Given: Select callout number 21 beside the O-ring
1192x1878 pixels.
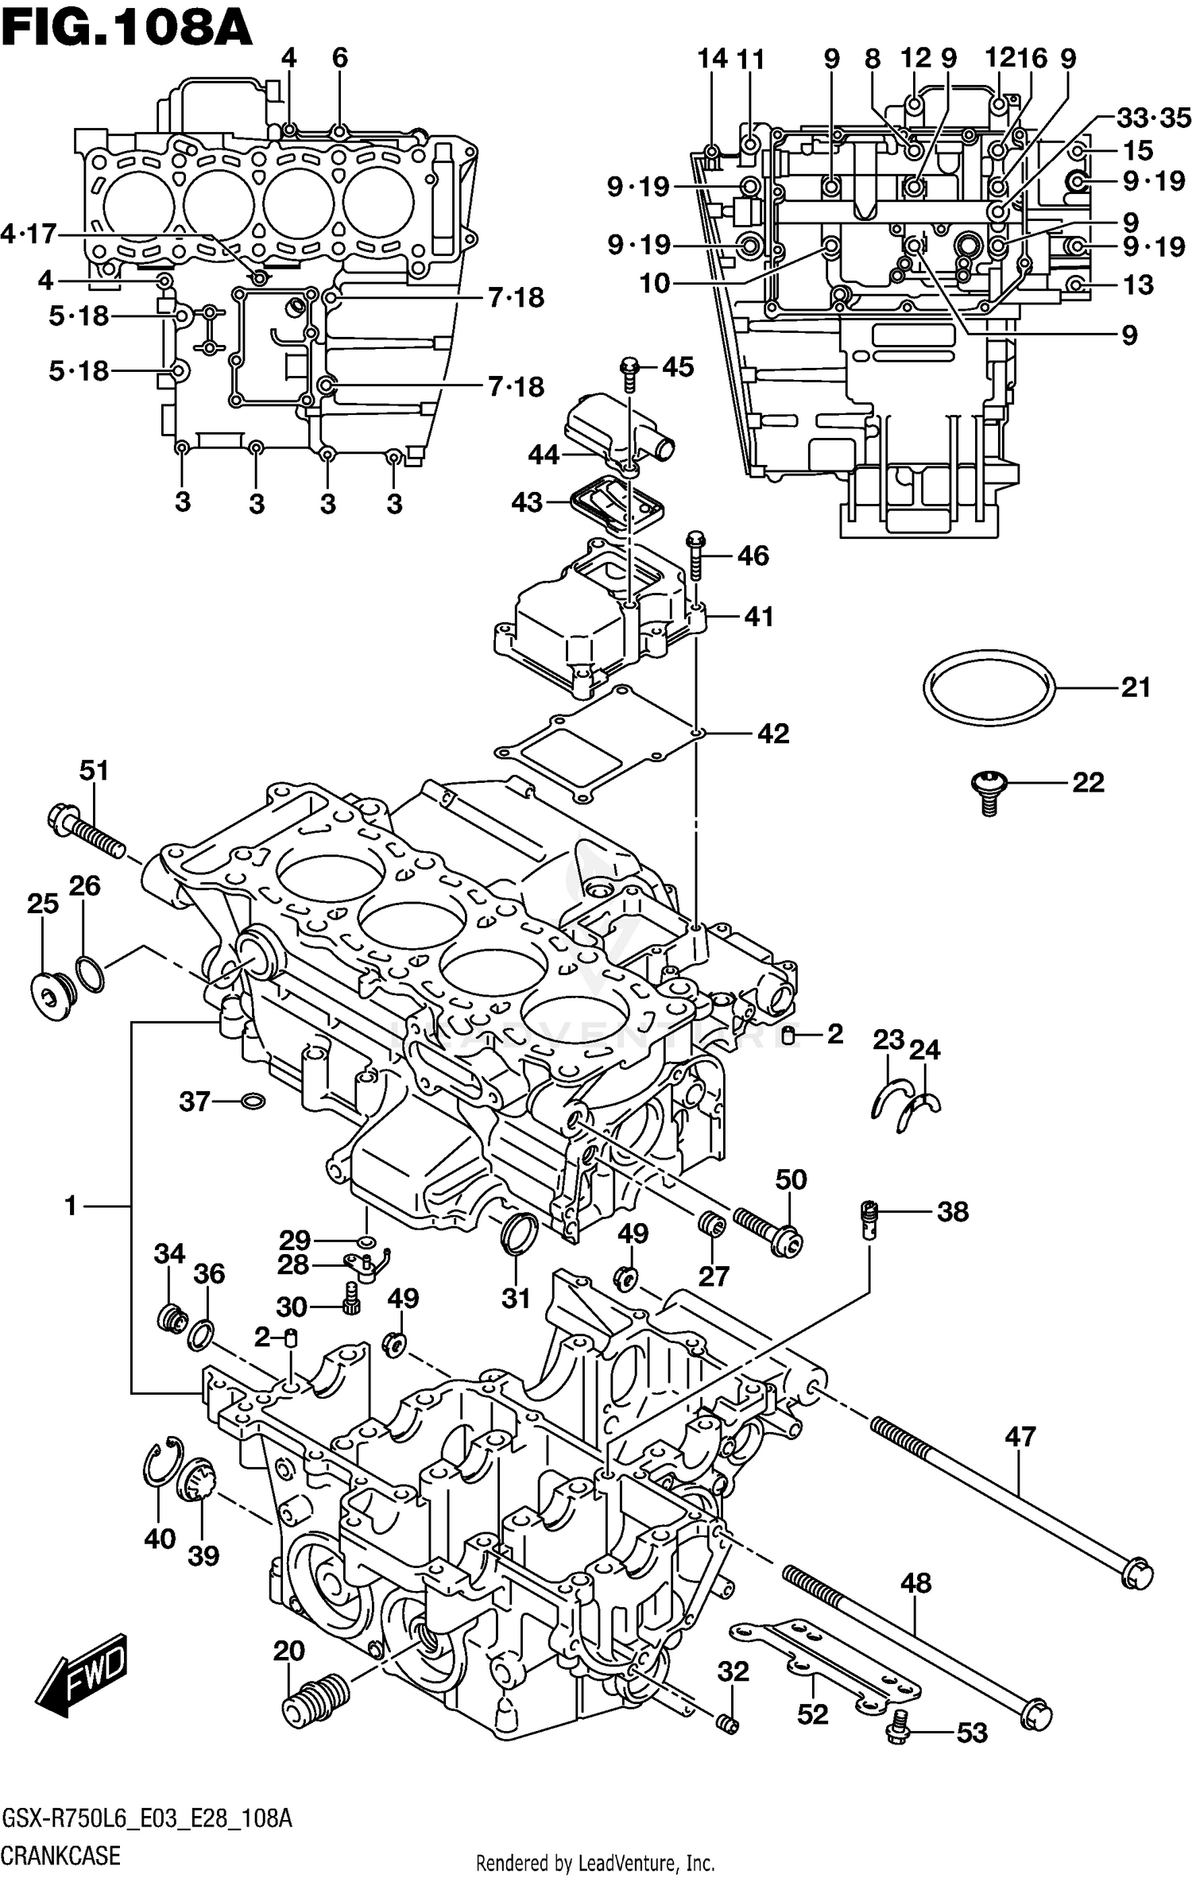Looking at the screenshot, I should click(1136, 687).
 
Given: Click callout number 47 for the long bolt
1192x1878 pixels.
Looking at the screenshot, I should click(1020, 1436).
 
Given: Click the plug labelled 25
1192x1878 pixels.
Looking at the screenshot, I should click(52, 993).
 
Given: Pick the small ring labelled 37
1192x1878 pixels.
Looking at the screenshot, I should click(253, 1102).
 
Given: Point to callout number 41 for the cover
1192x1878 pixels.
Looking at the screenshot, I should click(759, 617).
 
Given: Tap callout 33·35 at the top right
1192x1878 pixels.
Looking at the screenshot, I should click(1153, 118).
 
